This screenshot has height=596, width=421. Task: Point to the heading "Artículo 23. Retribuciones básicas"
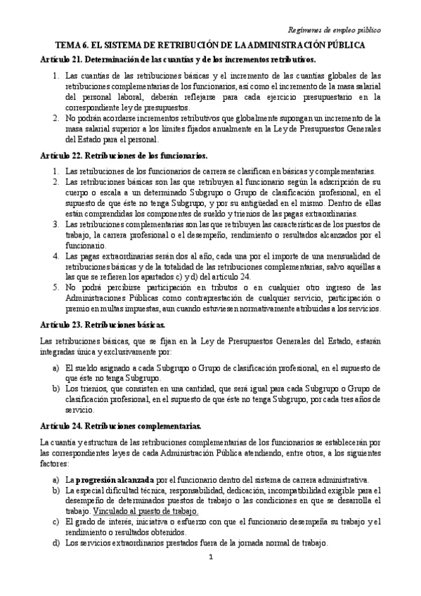[103, 325]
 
